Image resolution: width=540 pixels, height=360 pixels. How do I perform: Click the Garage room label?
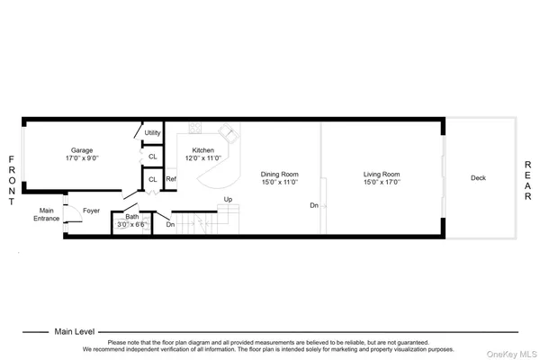tap(82, 150)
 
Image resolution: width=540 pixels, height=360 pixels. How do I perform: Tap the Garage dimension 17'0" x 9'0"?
tap(82, 158)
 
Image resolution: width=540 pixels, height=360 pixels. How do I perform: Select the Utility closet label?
tap(152, 132)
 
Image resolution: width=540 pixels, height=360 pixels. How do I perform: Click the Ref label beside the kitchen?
tap(170, 179)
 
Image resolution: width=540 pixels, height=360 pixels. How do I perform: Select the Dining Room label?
tap(280, 174)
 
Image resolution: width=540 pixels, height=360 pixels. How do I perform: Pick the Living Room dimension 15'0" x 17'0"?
tap(382, 182)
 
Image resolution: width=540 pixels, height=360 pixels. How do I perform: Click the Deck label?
tap(479, 177)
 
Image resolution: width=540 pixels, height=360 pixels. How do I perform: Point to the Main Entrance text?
tap(46, 214)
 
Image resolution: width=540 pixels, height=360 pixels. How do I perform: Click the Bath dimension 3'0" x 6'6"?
tap(132, 224)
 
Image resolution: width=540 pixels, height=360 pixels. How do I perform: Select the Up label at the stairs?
tap(229, 199)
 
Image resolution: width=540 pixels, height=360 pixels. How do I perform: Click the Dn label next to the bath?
tap(170, 224)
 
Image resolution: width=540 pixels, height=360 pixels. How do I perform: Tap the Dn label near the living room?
tap(314, 206)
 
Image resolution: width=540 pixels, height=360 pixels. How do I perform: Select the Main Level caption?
tap(75, 330)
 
